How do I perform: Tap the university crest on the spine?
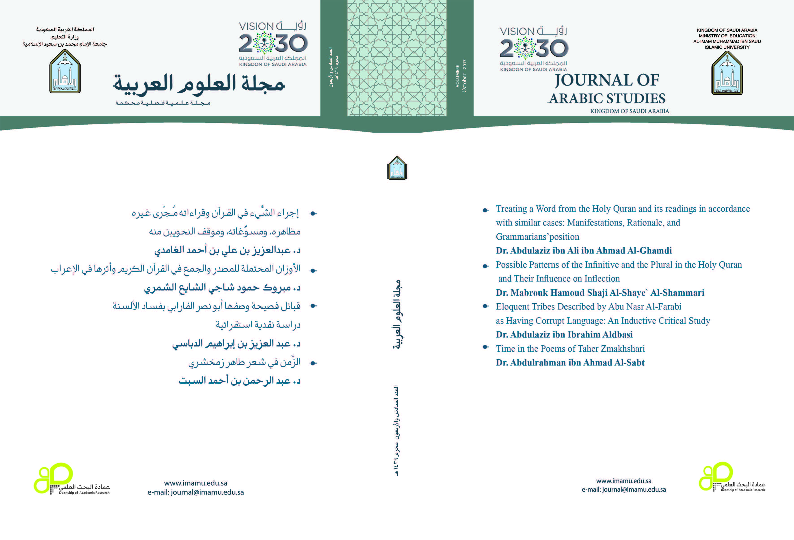click(x=397, y=168)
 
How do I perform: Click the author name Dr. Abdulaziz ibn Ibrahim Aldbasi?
click(x=564, y=334)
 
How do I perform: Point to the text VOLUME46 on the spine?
click(x=457, y=76)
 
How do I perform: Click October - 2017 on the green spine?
click(x=464, y=76)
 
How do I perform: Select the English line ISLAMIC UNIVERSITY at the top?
click(x=727, y=47)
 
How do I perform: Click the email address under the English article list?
click(x=623, y=489)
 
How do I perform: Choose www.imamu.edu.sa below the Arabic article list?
click(x=195, y=483)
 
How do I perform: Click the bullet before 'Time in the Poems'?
click(x=485, y=347)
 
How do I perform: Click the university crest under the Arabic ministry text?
click(x=65, y=71)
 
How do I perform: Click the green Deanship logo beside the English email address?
click(x=716, y=476)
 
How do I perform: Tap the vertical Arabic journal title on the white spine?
click(x=397, y=314)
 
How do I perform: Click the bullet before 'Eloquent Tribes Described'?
click(x=485, y=306)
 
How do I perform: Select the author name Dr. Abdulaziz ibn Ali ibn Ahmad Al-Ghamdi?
click(x=584, y=250)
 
